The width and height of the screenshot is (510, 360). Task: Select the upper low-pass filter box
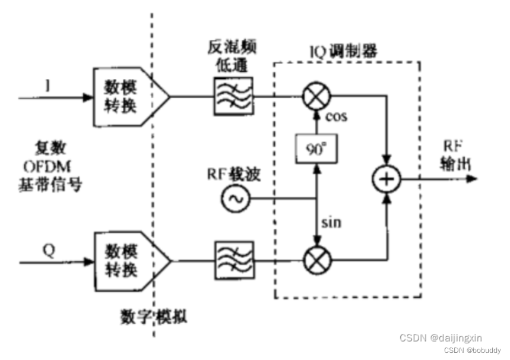(233, 94)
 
